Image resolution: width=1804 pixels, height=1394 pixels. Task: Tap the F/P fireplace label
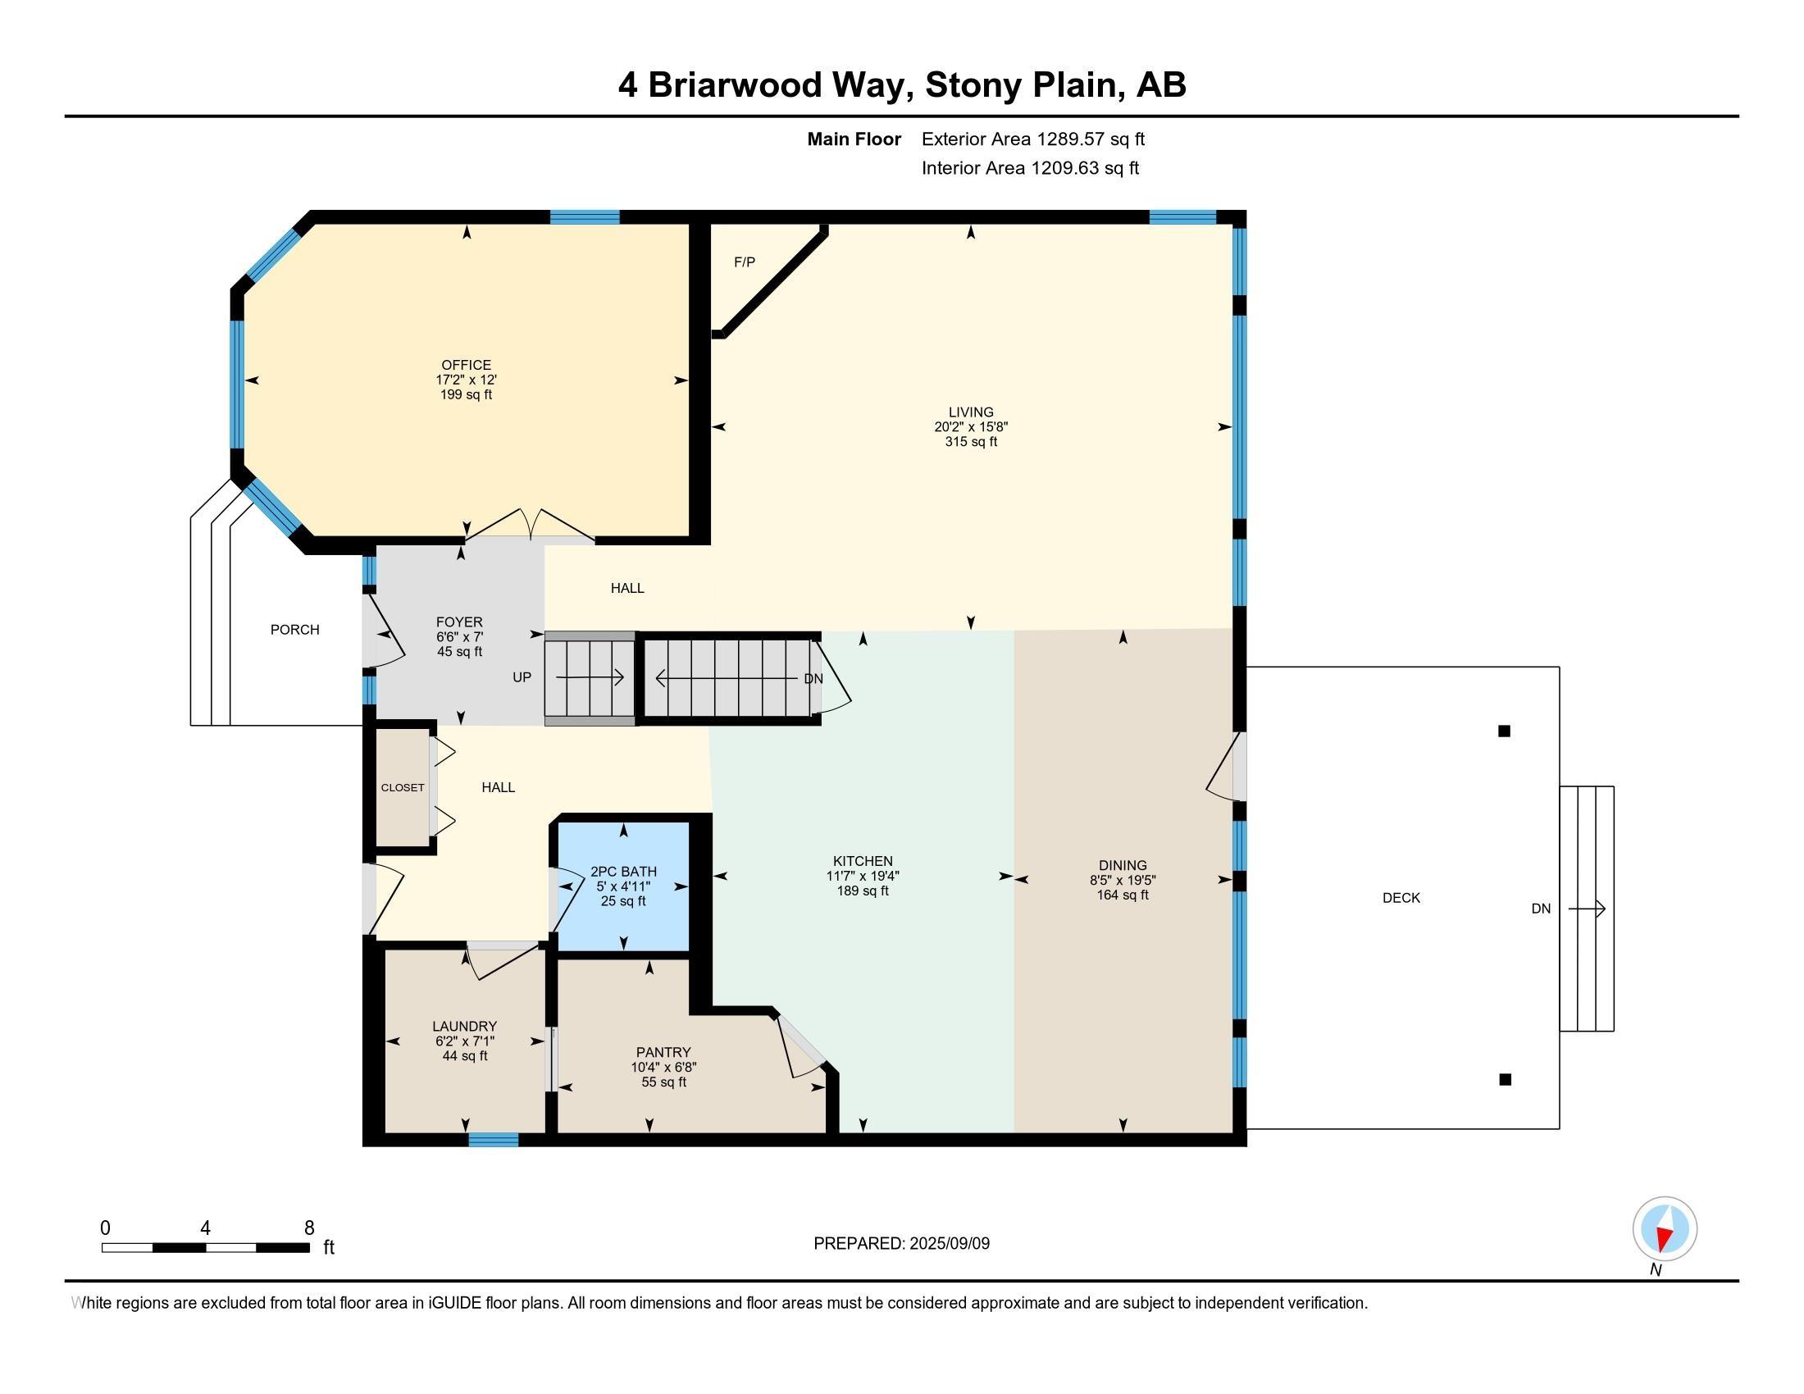tap(745, 262)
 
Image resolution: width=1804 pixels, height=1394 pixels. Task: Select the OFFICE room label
tap(466, 365)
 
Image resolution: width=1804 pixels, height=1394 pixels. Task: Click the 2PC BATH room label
tap(624, 871)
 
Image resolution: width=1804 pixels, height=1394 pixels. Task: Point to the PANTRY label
tap(663, 1052)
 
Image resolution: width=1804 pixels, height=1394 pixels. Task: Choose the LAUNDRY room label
tap(464, 1027)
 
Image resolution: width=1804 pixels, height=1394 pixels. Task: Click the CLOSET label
tap(403, 788)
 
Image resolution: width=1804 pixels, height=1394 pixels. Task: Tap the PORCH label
tap(295, 630)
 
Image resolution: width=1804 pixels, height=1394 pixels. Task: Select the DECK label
tap(1401, 898)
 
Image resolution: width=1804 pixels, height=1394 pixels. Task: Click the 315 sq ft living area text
tap(972, 442)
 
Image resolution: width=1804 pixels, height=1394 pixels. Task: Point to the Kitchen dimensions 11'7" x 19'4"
tap(863, 877)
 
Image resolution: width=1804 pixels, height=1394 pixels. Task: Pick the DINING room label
tap(1123, 865)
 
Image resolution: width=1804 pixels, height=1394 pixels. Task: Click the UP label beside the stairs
tap(522, 677)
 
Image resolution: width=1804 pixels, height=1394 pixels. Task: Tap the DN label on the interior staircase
tap(813, 679)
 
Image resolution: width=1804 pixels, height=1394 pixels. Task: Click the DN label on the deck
tap(1542, 909)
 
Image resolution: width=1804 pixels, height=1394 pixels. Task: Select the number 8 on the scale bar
tap(309, 1228)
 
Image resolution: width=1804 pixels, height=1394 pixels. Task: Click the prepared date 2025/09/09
tap(949, 1244)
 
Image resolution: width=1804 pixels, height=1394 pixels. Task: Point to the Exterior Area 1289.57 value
tap(1069, 139)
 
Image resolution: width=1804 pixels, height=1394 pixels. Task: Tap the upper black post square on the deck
tap(1504, 731)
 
